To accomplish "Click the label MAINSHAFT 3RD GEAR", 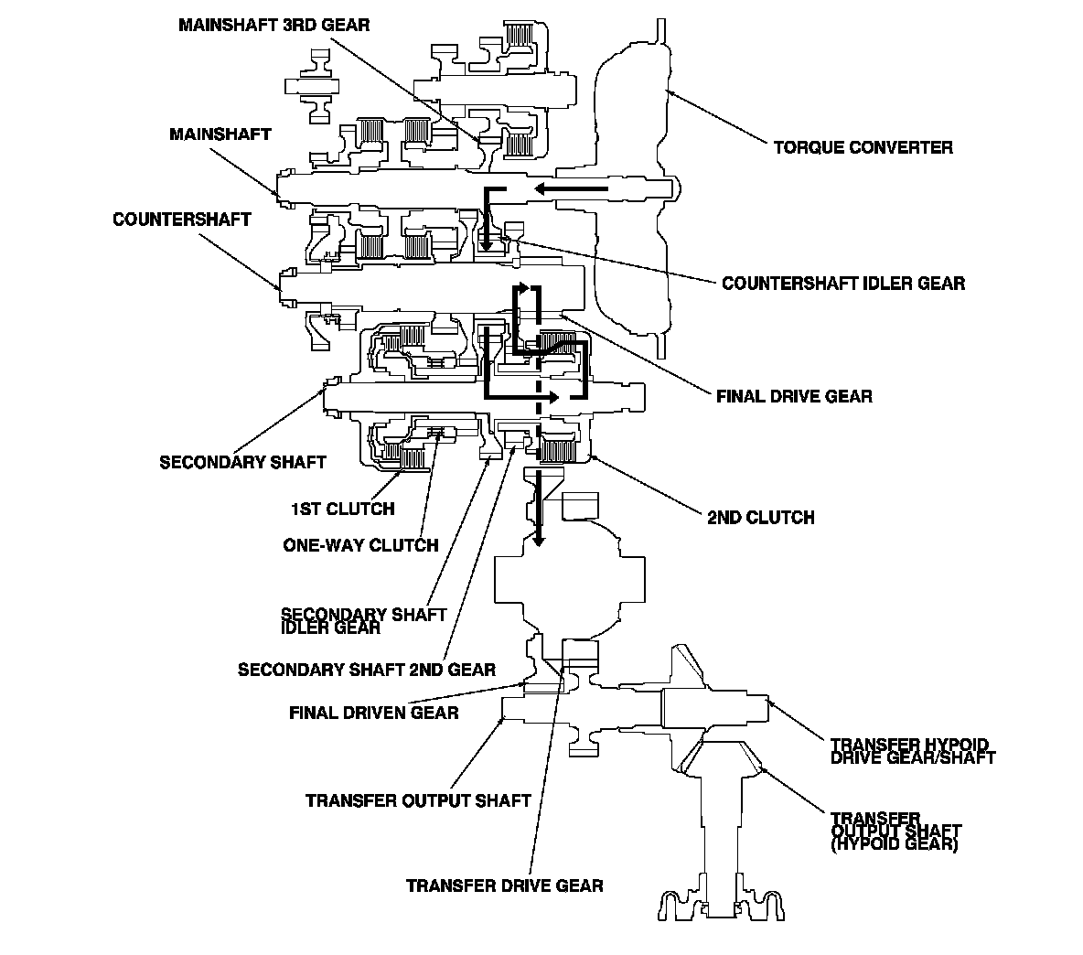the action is tap(274, 25).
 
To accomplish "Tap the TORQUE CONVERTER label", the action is tap(863, 147).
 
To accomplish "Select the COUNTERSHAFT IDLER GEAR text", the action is tap(843, 284).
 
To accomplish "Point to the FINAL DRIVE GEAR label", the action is tap(794, 396).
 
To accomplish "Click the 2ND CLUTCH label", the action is tap(760, 517).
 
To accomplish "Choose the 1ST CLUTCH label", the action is tap(343, 509).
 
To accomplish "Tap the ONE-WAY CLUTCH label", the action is tap(360, 545).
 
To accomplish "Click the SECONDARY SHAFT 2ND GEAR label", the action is tap(367, 669).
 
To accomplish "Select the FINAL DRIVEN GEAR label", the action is tap(374, 712).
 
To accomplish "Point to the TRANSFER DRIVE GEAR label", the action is tap(504, 885).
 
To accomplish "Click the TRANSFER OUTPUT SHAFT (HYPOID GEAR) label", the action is tap(895, 832).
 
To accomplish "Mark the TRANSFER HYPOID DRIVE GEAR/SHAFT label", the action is tap(912, 751).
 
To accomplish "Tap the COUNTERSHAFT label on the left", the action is tap(182, 220).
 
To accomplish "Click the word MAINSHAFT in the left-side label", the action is tap(220, 134).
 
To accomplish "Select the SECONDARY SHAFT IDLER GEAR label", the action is tap(363, 621).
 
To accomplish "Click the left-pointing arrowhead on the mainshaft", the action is tap(543, 188).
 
